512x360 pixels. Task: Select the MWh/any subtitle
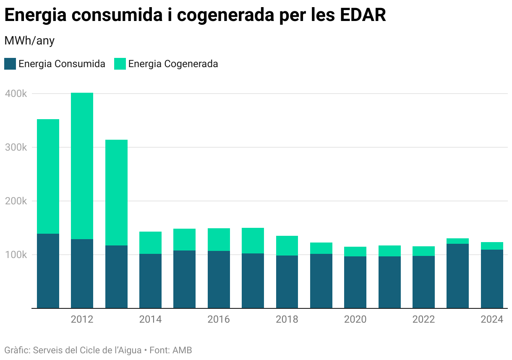pos(29,41)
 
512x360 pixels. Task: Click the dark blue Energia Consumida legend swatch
pos(10,64)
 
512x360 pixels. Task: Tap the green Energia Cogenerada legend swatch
pos(120,64)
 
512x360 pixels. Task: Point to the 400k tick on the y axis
pos(16,94)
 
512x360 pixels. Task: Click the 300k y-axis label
pos(16,147)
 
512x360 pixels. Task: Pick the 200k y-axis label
pos(16,201)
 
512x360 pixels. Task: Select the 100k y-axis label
pos(16,255)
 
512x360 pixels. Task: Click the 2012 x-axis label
pos(82,319)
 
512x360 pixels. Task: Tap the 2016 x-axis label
pos(219,319)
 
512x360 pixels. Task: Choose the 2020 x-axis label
pos(355,319)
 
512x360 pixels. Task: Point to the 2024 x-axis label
pos(492,319)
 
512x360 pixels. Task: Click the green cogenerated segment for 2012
pos(82,166)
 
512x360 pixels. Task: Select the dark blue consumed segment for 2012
pos(82,274)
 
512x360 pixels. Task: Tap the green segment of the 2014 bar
pos(150,243)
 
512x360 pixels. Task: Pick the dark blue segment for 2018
pos(287,282)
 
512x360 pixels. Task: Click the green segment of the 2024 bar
pos(492,246)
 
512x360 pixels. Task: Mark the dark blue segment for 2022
pos(423,282)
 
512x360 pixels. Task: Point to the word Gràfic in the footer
pos(16,350)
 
